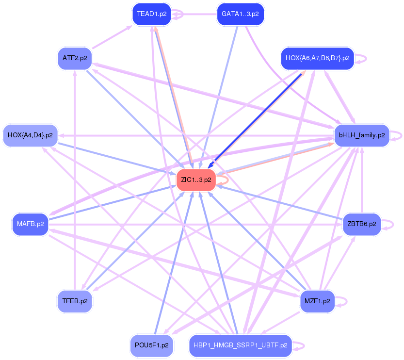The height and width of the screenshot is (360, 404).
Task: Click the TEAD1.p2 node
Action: click(151, 14)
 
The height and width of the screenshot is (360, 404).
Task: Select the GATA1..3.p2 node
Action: click(240, 14)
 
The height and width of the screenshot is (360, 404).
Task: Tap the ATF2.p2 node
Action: click(75, 58)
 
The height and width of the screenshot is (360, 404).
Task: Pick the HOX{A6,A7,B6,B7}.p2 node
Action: click(317, 58)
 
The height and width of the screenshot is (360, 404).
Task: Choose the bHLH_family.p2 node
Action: click(362, 135)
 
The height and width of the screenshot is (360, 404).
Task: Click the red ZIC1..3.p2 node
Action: click(196, 180)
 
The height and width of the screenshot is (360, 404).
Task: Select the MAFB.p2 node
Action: click(30, 224)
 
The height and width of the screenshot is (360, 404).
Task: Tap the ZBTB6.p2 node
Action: click(362, 224)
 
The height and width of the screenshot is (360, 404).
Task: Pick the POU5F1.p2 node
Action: click(151, 345)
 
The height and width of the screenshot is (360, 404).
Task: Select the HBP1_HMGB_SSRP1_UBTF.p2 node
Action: click(240, 345)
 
